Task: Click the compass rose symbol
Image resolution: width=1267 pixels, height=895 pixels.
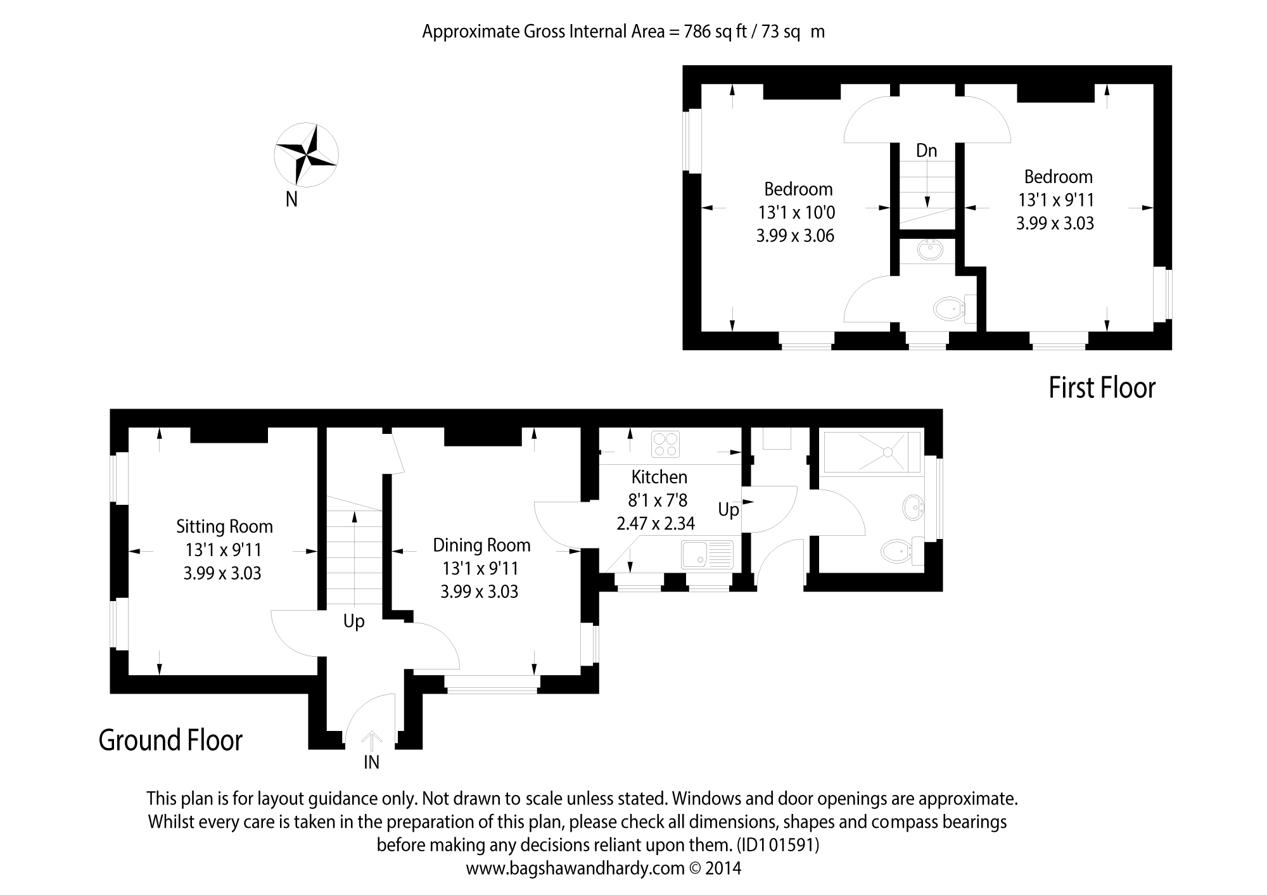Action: pyautogui.click(x=307, y=155)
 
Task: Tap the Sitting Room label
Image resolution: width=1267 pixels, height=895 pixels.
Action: pyautogui.click(x=224, y=526)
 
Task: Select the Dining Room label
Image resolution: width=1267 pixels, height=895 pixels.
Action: pyautogui.click(x=481, y=545)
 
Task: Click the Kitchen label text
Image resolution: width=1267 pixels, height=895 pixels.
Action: pyautogui.click(x=659, y=477)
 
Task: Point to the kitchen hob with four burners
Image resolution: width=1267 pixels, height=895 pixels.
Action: pyautogui.click(x=665, y=444)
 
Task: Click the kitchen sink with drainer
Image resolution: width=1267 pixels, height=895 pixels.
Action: pyautogui.click(x=707, y=554)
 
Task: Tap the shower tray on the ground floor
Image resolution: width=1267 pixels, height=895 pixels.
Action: pyautogui.click(x=870, y=452)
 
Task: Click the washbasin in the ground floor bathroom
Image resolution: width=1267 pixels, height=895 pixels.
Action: pyautogui.click(x=913, y=507)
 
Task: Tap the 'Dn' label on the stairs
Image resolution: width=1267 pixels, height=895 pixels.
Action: pyautogui.click(x=926, y=151)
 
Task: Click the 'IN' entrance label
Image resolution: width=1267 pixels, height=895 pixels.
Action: pyautogui.click(x=371, y=763)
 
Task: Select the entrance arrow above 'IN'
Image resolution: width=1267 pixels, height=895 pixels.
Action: pyautogui.click(x=371, y=741)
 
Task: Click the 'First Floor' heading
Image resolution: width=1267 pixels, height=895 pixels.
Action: pyautogui.click(x=1102, y=388)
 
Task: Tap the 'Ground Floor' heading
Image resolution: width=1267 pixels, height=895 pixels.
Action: pyautogui.click(x=170, y=740)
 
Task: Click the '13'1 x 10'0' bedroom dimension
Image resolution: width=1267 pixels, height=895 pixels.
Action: pyautogui.click(x=797, y=212)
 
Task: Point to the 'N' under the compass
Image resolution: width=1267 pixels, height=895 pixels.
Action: pyautogui.click(x=291, y=200)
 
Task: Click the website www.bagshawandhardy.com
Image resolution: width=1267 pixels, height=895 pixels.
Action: pyautogui.click(x=575, y=868)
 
